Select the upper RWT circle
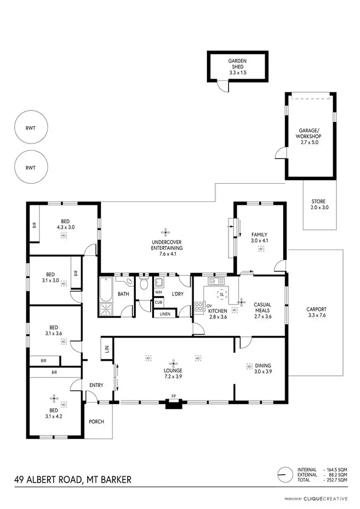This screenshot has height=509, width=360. tap(31, 129)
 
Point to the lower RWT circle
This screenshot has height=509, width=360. tap(31, 168)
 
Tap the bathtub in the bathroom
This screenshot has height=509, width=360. tap(105, 290)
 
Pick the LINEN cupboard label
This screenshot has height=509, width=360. tap(164, 314)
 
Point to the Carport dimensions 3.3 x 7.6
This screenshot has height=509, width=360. tap(316, 316)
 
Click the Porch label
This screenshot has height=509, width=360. tap(96, 422)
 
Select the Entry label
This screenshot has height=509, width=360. tap(96, 385)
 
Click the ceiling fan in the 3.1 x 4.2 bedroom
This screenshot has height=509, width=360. tap(55, 398)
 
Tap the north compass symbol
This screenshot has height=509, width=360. tap(285, 474)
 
